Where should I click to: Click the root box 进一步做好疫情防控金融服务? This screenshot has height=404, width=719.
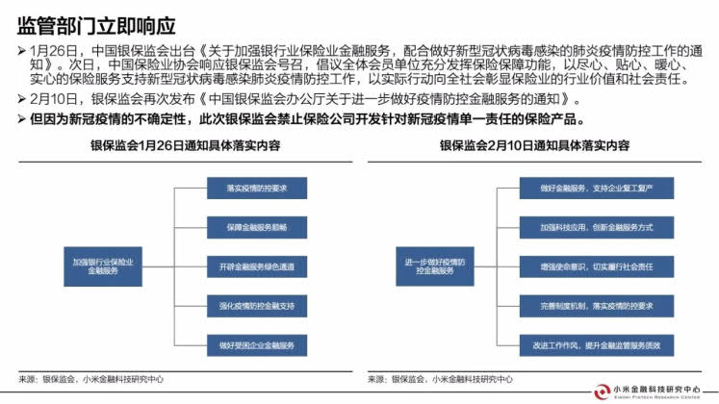click(429, 266)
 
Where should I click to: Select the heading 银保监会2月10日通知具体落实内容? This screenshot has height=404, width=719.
click(534, 146)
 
